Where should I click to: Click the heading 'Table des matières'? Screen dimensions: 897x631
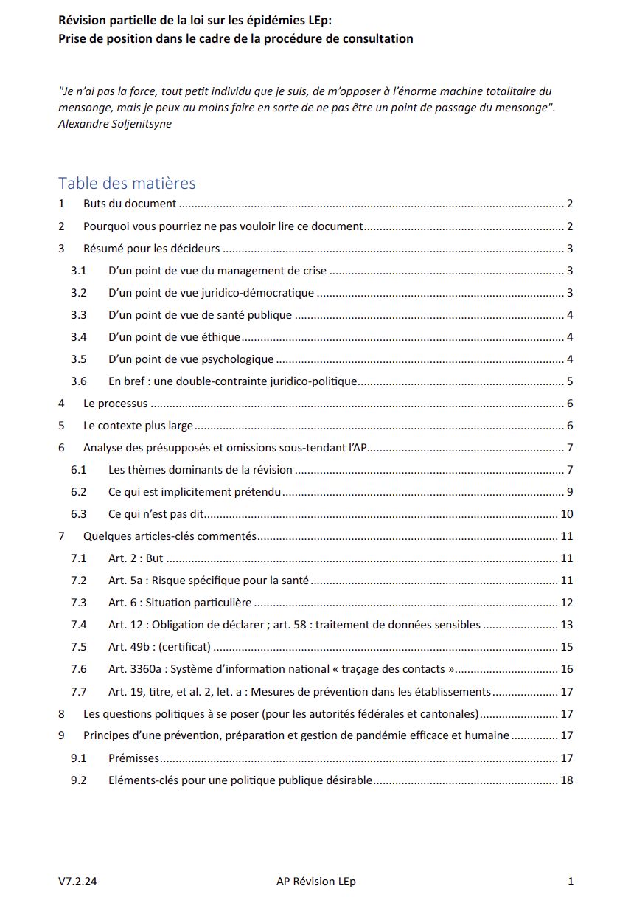pos(127,183)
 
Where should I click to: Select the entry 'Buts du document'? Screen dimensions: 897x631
pos(130,204)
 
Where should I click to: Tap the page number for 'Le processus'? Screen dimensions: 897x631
pos(570,404)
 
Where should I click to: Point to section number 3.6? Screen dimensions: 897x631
pos(79,381)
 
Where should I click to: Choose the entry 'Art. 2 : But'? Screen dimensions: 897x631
pos(136,558)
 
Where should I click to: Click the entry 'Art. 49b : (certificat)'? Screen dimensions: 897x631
pos(159,647)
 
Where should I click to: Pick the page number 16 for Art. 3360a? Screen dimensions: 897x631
pos(567,669)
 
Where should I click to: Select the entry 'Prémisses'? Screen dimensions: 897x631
pos(133,758)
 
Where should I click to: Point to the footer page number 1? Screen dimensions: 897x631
pos(571,881)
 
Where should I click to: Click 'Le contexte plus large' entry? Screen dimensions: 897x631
pos(138,426)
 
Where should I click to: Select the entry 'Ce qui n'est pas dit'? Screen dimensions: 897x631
pos(156,514)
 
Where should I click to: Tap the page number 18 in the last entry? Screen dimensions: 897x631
pos(567,780)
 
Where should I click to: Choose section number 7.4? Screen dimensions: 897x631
pos(79,625)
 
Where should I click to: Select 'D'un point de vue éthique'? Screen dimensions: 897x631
pos(174,337)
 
